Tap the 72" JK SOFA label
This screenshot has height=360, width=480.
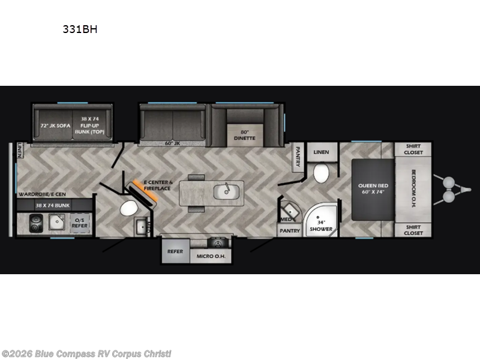point(55,126)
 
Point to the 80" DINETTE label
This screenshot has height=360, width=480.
point(244,134)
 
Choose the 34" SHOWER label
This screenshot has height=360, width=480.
point(316,226)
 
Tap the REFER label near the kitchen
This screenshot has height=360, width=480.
point(175,251)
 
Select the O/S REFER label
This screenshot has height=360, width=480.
point(80,223)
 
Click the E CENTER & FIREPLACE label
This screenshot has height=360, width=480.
point(157,185)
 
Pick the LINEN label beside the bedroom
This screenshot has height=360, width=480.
point(321,152)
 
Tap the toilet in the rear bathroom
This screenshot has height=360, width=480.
point(128,209)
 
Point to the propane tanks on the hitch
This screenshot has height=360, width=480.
point(448,187)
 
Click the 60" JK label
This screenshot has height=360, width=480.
point(173,143)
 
